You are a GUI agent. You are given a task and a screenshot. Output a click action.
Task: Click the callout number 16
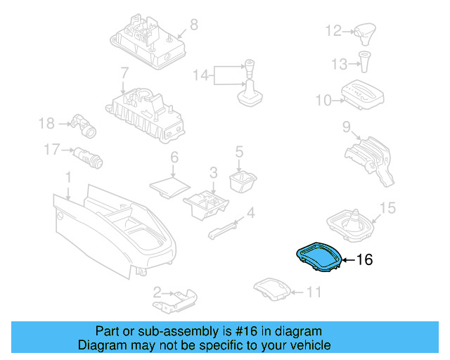364,260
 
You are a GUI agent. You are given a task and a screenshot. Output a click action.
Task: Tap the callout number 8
194,25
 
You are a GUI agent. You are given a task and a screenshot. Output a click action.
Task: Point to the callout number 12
333,31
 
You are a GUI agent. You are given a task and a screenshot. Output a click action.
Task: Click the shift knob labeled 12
366,32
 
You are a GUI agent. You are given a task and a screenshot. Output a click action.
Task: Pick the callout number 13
340,64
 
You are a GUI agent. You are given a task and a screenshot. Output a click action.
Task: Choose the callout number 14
200,74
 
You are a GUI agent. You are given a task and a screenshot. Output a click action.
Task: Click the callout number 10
323,101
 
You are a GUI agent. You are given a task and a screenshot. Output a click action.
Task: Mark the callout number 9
347,127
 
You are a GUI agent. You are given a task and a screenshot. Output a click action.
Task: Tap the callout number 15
387,208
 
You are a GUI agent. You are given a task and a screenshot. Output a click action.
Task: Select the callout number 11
314,291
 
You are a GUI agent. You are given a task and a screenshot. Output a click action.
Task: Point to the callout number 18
46,124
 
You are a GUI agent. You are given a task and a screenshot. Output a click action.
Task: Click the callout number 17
51,149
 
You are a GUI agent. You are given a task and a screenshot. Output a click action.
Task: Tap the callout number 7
124,72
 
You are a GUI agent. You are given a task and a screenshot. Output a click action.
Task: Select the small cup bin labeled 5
242,181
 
